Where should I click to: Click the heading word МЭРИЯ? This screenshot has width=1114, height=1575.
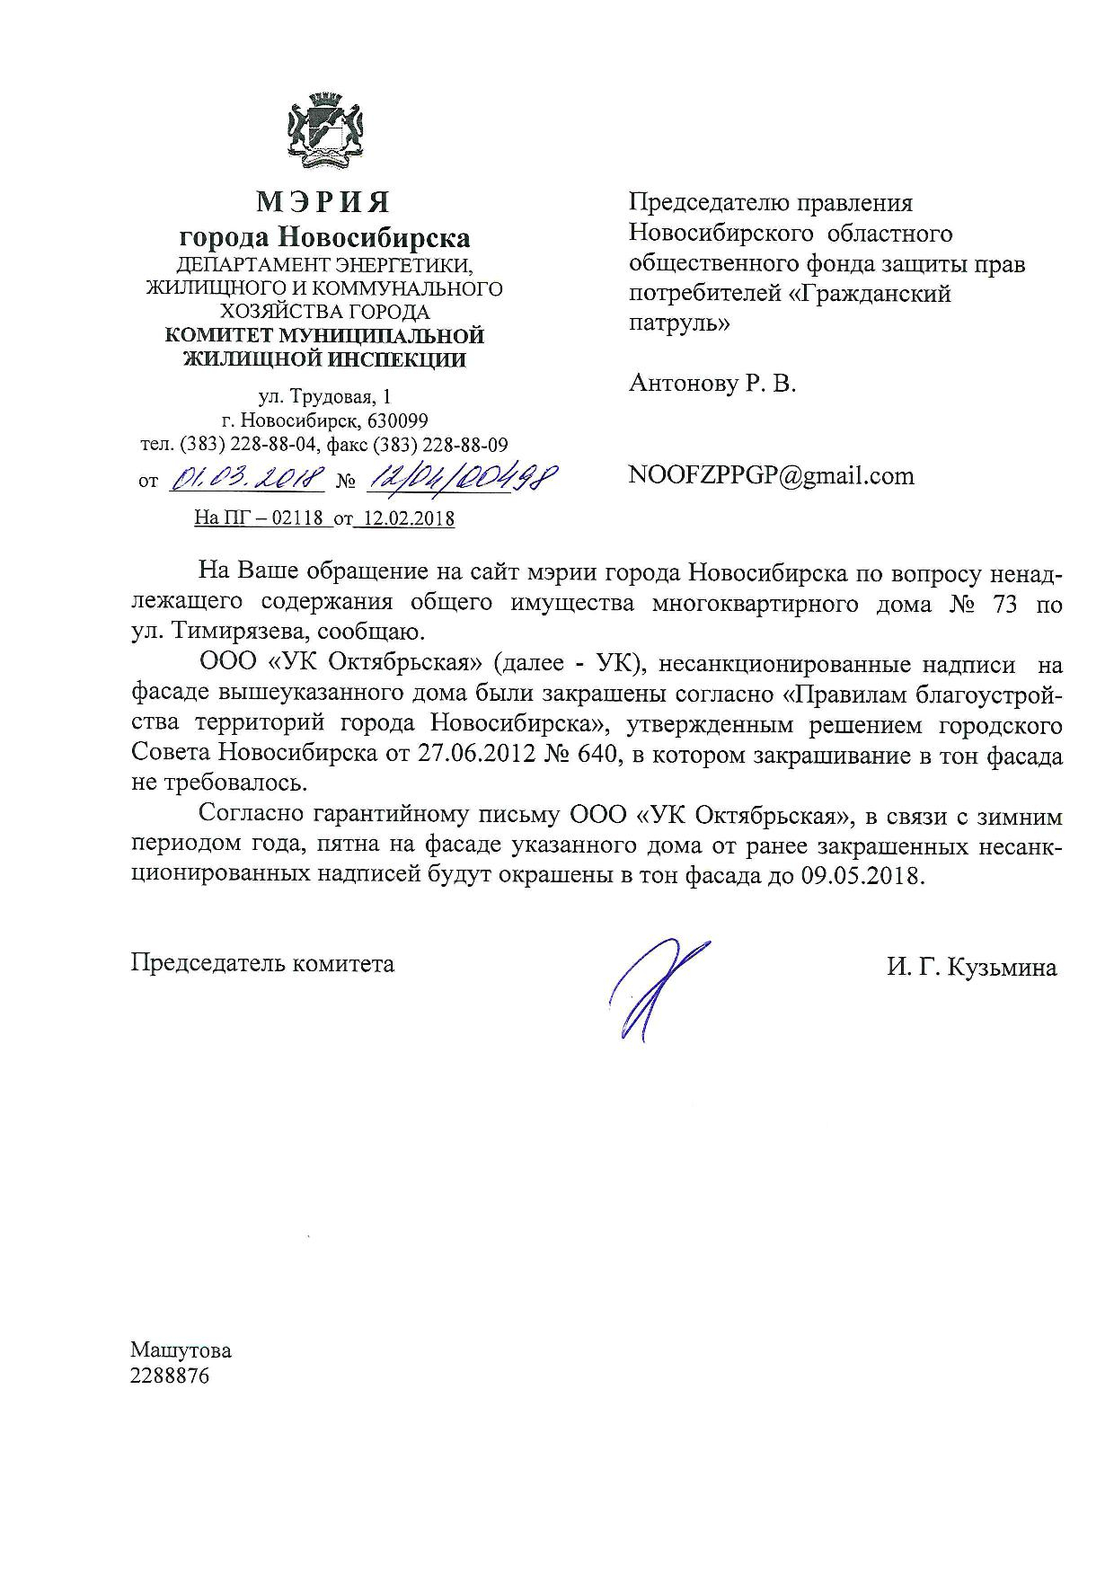(324, 203)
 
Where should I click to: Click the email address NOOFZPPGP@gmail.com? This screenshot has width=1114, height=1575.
(772, 475)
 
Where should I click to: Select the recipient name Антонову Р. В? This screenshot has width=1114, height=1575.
(712, 385)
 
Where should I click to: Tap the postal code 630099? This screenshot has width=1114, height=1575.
(397, 420)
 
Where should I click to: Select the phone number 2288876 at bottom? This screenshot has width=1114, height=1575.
(170, 1376)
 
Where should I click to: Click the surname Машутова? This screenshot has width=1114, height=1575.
(181, 1350)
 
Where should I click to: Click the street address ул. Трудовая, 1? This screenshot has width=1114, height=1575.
(324, 397)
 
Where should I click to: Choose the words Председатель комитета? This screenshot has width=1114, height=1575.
(262, 964)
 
